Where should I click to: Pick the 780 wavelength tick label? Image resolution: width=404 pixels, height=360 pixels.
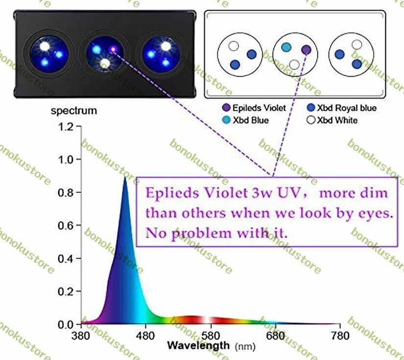tap(340, 336)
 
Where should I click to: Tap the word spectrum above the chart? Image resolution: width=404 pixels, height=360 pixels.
tap(74, 111)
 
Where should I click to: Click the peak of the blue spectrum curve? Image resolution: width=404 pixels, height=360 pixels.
tap(124, 178)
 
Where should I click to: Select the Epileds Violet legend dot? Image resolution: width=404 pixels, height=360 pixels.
tap(226, 108)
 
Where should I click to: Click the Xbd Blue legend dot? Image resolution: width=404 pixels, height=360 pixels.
tap(226, 120)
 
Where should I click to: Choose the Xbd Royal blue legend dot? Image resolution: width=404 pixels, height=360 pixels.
tap(310, 108)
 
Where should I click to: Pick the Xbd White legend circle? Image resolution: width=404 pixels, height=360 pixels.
tap(310, 120)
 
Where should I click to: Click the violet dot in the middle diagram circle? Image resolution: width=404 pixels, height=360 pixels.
tap(306, 49)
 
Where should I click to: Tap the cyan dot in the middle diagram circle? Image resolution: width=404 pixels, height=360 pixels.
tap(286, 47)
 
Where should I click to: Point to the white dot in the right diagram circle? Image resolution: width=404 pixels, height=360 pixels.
tap(357, 45)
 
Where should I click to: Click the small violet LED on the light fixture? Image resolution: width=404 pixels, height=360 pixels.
tap(114, 48)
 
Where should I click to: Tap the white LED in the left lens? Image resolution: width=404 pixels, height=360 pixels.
tap(46, 47)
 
